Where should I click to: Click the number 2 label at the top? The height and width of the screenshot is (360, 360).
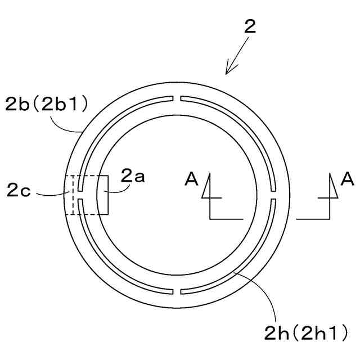point(250,26)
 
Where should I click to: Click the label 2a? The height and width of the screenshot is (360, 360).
point(133,177)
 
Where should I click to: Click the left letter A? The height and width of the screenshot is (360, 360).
point(192,179)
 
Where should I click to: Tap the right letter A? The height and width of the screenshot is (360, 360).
point(347,179)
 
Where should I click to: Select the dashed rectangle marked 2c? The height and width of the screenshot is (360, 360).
point(70,195)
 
